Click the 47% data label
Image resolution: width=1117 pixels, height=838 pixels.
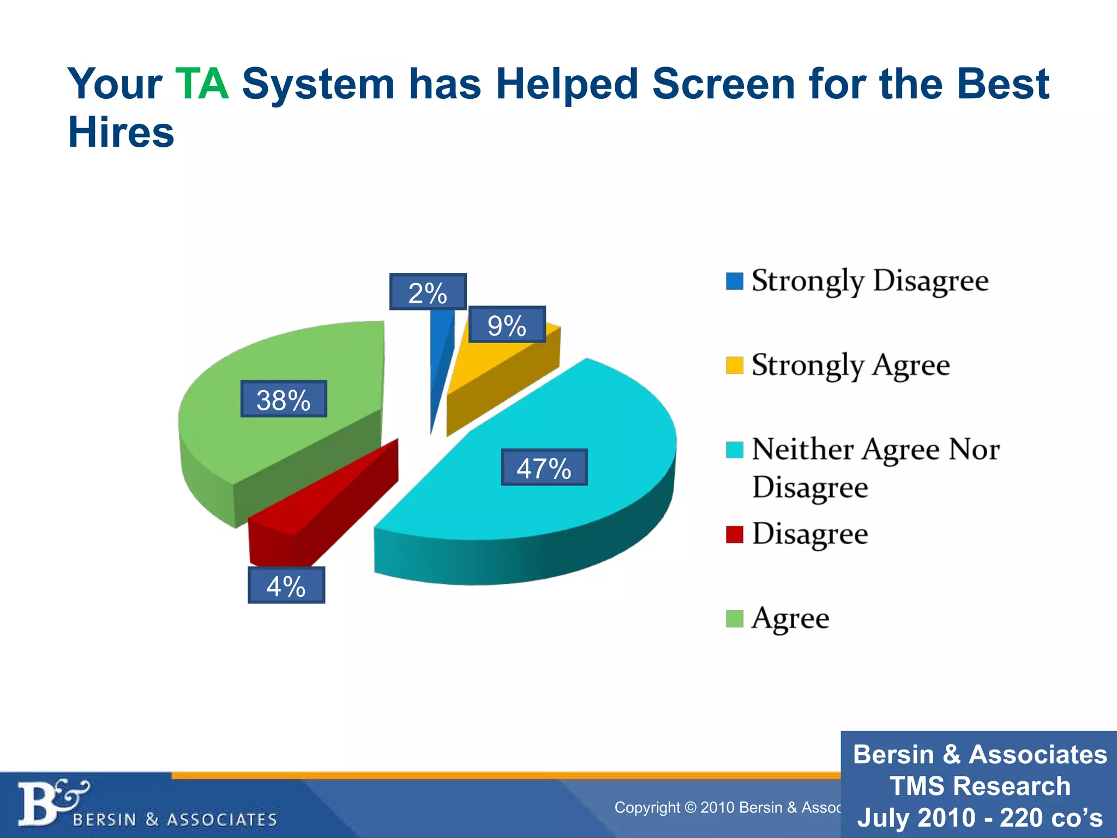click(x=544, y=468)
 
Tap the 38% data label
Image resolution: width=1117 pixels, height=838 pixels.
click(x=284, y=399)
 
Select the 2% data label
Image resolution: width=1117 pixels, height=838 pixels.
click(x=428, y=292)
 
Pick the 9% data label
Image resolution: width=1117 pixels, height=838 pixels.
click(x=507, y=325)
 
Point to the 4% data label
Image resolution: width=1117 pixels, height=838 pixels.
click(x=286, y=585)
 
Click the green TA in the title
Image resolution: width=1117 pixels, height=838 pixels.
click(x=202, y=84)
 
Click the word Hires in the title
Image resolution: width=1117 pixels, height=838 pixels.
click(x=121, y=133)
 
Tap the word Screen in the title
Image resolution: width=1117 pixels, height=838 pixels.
click(x=724, y=84)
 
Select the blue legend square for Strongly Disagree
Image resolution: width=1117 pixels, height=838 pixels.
click(x=734, y=281)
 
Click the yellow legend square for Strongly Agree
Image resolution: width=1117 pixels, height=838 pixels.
click(x=734, y=365)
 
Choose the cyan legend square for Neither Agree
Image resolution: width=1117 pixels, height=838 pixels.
click(x=734, y=450)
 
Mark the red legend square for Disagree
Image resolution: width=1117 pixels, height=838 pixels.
click(x=734, y=534)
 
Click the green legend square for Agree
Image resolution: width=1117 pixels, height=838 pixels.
click(x=734, y=619)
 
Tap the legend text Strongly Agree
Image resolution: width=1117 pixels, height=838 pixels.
click(x=850, y=365)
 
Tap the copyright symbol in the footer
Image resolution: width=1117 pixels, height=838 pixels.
click(x=690, y=807)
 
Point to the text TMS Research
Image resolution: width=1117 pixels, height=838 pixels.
click(x=980, y=786)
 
